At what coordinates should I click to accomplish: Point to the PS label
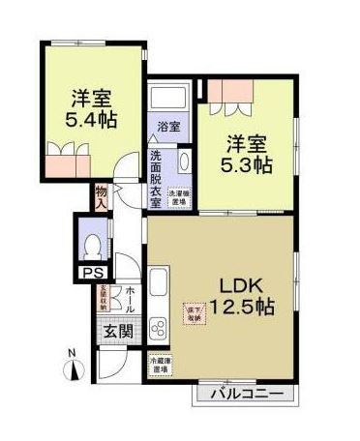tap(90, 274)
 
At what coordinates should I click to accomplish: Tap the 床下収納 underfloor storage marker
tap(195, 312)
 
